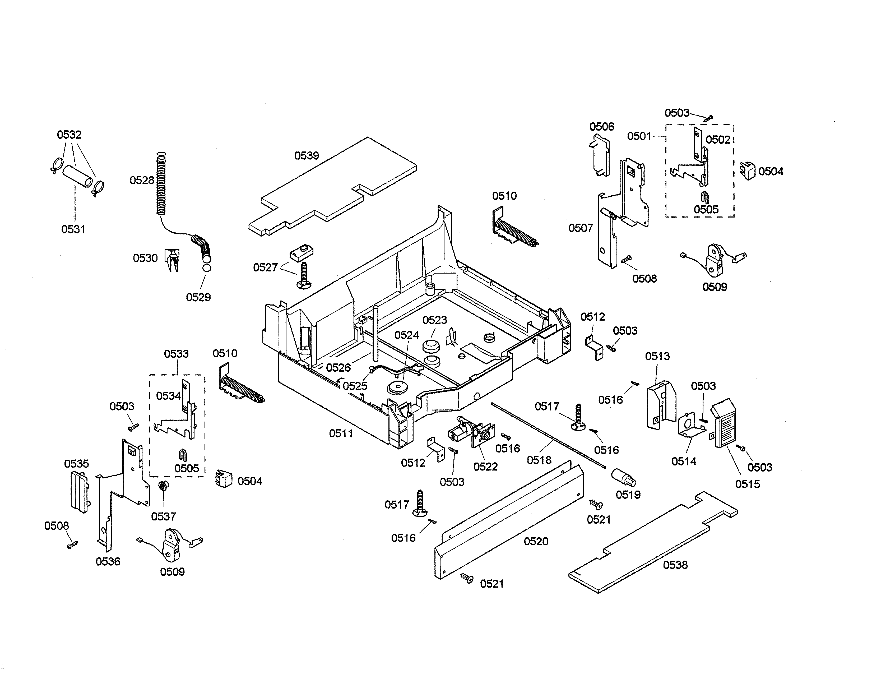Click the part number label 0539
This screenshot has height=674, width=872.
[306, 156]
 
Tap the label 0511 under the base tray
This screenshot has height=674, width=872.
[341, 433]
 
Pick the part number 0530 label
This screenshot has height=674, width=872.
[145, 258]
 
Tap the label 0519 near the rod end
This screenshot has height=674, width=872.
[628, 495]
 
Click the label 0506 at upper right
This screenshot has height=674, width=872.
[602, 127]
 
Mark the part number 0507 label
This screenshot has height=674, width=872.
[581, 228]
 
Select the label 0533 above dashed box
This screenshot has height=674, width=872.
[176, 354]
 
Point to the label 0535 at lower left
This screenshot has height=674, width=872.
[76, 464]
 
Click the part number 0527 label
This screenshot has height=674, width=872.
[265, 267]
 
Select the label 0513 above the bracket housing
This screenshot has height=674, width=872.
[657, 356]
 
